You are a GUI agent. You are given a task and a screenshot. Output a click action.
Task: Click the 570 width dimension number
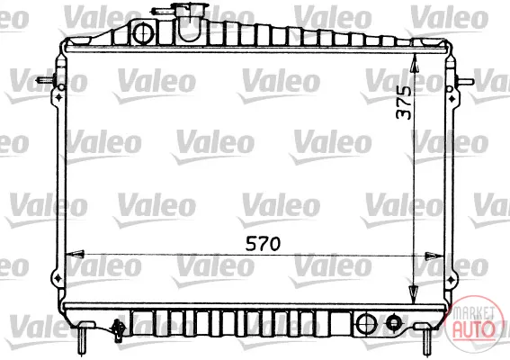pyautogui.click(x=263, y=244)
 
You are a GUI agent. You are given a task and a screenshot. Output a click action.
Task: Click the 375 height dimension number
pyautogui.click(x=404, y=103)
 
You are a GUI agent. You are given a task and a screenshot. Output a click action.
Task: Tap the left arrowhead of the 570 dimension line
pyautogui.click(x=75, y=254)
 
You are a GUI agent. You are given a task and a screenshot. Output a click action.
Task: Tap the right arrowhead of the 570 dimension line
pyautogui.click(x=434, y=256)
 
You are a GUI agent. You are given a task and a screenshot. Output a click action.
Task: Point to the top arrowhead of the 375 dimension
pyautogui.click(x=414, y=63)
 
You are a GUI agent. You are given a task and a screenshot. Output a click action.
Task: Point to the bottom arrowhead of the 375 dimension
pyautogui.click(x=414, y=294)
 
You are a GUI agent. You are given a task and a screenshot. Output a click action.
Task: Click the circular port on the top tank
pyautogui.click(x=143, y=33)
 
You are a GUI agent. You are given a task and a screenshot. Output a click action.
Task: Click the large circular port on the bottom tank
pyautogui.click(x=367, y=323)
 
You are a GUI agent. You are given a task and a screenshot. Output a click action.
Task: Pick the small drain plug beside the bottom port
pyautogui.click(x=394, y=323)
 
